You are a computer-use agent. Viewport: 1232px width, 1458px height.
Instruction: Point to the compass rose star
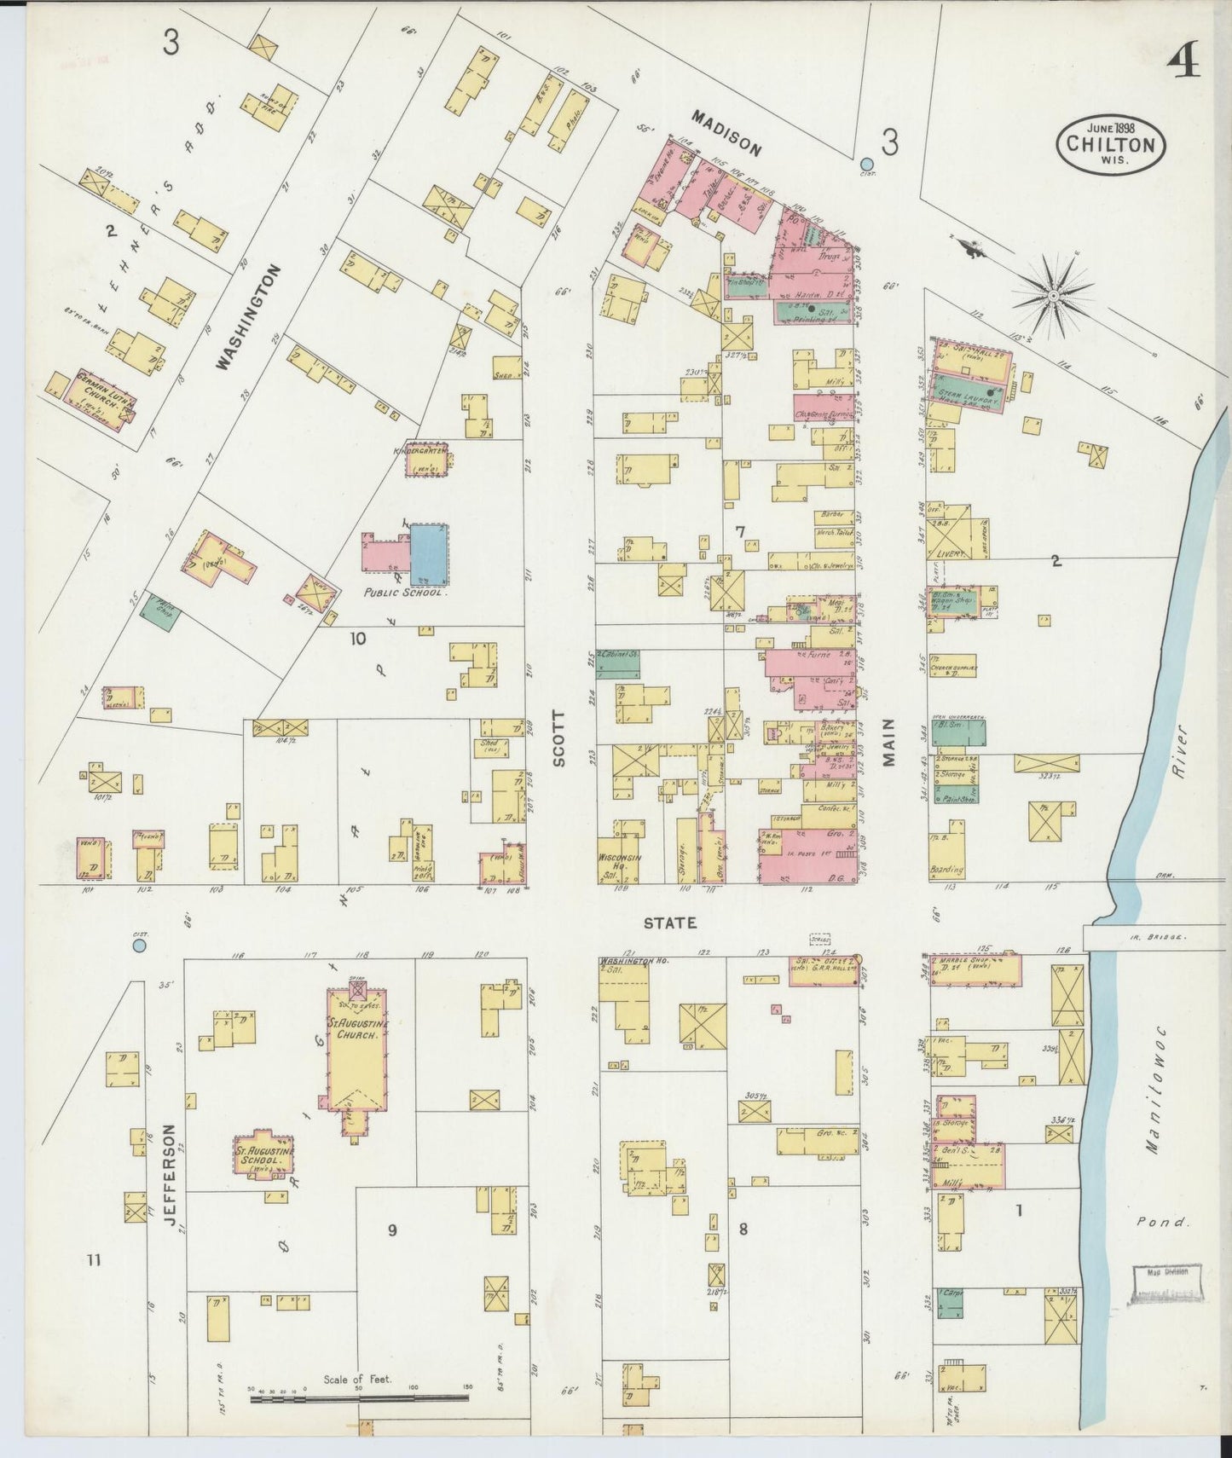point(1053,294)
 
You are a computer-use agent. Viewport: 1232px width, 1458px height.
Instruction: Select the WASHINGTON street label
point(248,317)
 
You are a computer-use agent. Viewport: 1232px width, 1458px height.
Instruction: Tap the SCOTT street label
point(560,740)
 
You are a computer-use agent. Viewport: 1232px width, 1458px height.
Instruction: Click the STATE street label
point(670,923)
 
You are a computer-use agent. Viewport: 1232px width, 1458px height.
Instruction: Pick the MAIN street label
point(889,743)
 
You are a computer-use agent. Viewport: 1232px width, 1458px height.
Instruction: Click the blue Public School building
point(430,553)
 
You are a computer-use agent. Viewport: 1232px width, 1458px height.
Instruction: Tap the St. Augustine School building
point(265,1155)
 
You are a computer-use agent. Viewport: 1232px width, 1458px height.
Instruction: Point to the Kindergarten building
point(426,460)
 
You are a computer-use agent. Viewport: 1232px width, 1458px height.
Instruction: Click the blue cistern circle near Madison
point(867,164)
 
